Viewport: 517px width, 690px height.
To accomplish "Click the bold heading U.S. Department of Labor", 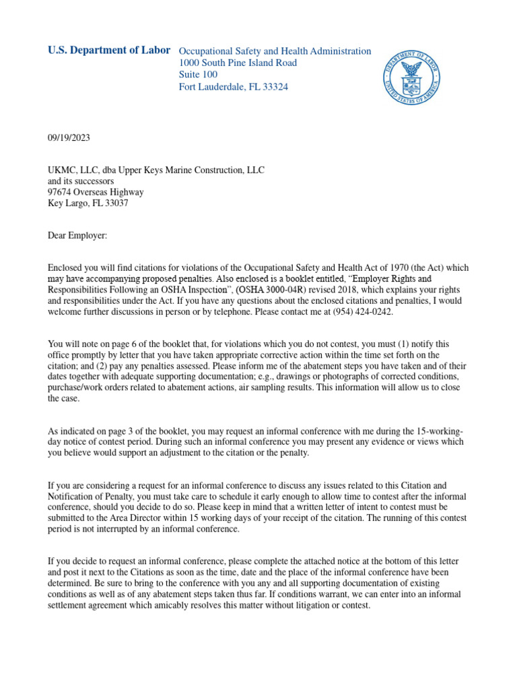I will tap(108, 51).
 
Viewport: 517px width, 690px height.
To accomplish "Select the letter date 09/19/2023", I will tap(69, 138).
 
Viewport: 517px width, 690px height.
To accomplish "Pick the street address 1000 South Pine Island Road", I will tap(238, 63).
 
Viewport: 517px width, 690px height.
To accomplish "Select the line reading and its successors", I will tap(81, 181).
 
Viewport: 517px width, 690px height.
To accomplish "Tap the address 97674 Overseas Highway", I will tap(96, 192).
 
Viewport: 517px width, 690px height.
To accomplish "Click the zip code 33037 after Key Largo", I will tap(114, 203).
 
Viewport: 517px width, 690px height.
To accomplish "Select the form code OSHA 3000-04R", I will tap(277, 289).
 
